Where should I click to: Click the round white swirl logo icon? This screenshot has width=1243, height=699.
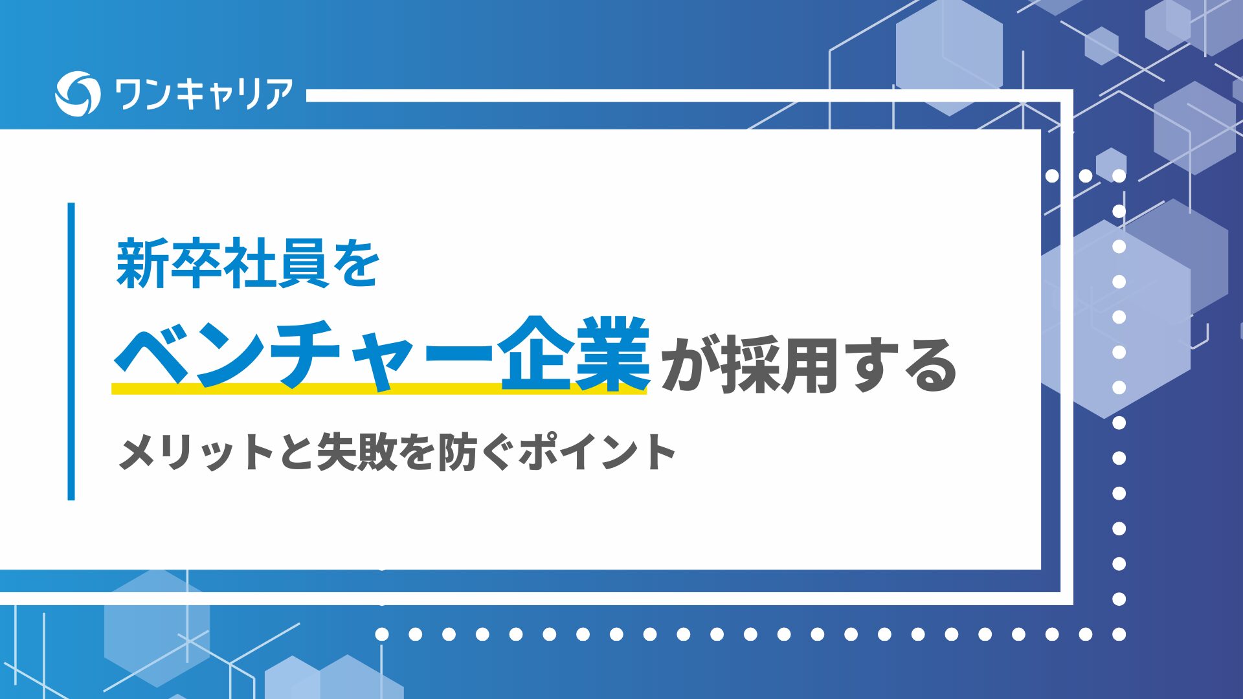tap(78, 93)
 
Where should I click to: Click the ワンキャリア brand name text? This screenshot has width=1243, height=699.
tap(203, 94)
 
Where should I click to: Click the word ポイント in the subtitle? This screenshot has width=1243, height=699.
tap(597, 451)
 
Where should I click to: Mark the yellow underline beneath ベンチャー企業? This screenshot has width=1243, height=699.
tap(379, 388)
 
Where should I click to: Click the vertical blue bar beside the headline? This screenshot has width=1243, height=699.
tap(71, 351)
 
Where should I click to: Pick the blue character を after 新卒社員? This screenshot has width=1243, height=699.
tap(355, 263)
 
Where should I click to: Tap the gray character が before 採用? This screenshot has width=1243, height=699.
tap(689, 366)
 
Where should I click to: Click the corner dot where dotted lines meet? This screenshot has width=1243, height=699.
tap(1119, 634)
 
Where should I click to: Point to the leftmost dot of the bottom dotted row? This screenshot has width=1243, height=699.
tap(382, 634)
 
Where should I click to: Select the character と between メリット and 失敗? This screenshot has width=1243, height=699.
tap(297, 452)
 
